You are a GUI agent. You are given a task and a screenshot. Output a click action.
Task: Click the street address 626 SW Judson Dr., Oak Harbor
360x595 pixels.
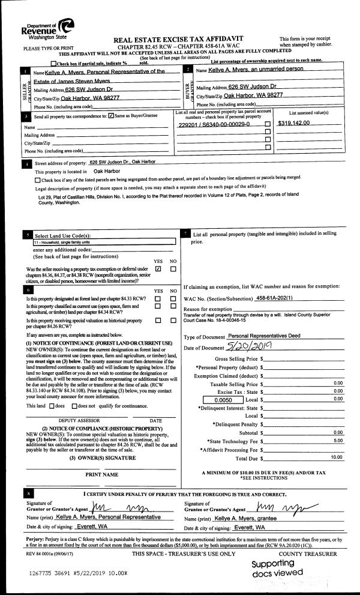(130, 163)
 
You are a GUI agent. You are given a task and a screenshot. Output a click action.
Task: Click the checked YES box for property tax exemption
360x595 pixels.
(158, 269)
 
